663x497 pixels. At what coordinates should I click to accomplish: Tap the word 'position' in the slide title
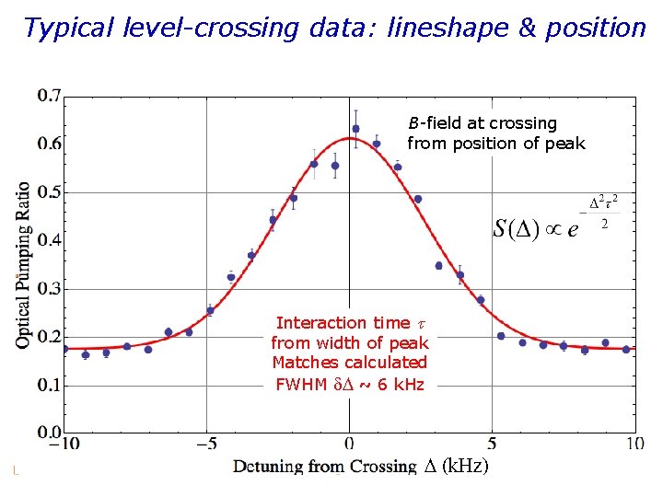pos(591,28)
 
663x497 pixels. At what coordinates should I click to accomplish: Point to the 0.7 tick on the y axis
pos(49,95)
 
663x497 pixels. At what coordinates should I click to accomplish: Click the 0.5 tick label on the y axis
pos(49,192)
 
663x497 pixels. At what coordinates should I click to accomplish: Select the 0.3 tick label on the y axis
pos(49,289)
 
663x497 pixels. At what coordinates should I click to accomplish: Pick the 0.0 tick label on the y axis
pos(49,432)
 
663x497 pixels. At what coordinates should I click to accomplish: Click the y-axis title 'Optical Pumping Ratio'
pos(23,264)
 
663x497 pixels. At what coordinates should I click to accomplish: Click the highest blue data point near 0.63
pos(355,129)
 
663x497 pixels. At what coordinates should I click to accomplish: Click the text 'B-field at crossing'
pos(483,123)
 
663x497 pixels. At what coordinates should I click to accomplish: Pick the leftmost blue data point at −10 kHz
pos(64,349)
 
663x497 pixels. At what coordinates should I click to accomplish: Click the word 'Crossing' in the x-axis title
pos(379,467)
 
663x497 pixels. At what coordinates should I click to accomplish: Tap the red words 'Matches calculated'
pos(350,364)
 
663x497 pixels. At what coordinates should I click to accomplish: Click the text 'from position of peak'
pos(495,144)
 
